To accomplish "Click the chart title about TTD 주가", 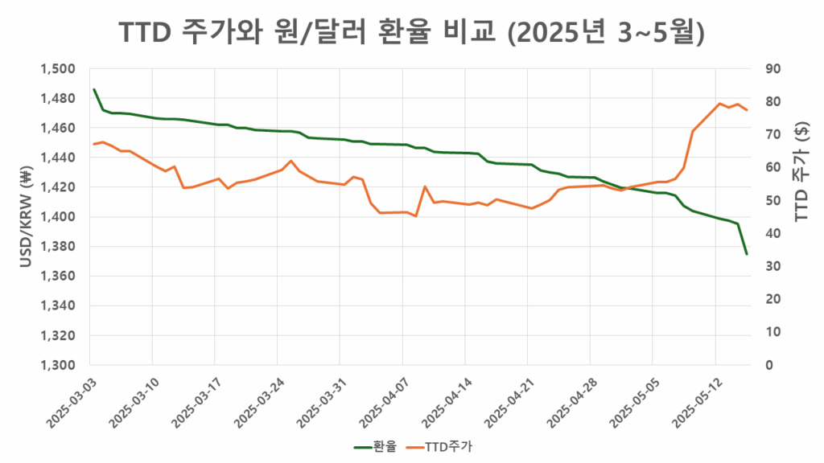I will click(412, 33).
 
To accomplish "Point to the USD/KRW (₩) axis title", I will click(25, 217).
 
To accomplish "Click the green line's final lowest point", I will click(747, 254).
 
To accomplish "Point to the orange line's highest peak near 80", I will click(719, 104).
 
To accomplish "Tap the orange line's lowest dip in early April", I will click(415, 216).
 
